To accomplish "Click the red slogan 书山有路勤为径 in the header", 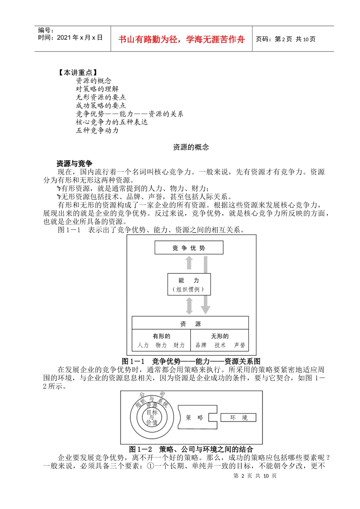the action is (182, 39).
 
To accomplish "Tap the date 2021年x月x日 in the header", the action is (70, 37).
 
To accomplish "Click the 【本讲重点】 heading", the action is (77, 72).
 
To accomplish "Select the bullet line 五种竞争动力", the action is (97, 130).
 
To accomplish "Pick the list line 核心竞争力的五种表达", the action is (111, 122).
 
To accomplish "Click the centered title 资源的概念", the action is (191, 147).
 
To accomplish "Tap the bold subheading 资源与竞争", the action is (74, 164).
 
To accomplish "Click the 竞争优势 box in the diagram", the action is (189, 248).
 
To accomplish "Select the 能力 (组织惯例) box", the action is (189, 284).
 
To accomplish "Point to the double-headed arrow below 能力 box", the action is (189, 306).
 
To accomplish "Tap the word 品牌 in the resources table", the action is (201, 345).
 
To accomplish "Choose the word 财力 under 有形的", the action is (179, 345).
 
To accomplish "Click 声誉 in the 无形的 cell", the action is (239, 345).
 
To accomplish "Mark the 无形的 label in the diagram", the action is (220, 336).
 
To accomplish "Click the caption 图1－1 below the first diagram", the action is (191, 361).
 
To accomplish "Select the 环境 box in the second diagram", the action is (238, 417).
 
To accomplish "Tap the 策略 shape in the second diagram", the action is (195, 417).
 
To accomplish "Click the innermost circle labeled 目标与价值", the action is (152, 417).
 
